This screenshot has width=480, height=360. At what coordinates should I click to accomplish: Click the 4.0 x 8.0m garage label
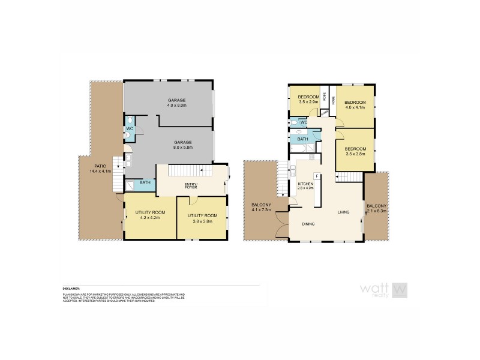tap(177, 103)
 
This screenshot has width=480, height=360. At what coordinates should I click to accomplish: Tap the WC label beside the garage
tap(129, 128)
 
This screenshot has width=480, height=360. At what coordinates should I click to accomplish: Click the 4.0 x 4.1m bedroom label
tap(354, 106)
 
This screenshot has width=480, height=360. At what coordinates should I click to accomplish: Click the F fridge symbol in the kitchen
tap(316, 176)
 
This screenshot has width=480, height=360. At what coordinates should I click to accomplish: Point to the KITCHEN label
tap(305, 185)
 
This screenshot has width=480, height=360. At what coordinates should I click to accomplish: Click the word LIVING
tap(343, 212)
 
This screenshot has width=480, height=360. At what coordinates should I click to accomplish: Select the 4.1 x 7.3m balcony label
tap(261, 208)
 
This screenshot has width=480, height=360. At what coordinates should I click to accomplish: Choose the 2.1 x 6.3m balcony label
tap(377, 208)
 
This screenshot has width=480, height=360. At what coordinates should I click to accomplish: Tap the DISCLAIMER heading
tap(71, 288)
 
